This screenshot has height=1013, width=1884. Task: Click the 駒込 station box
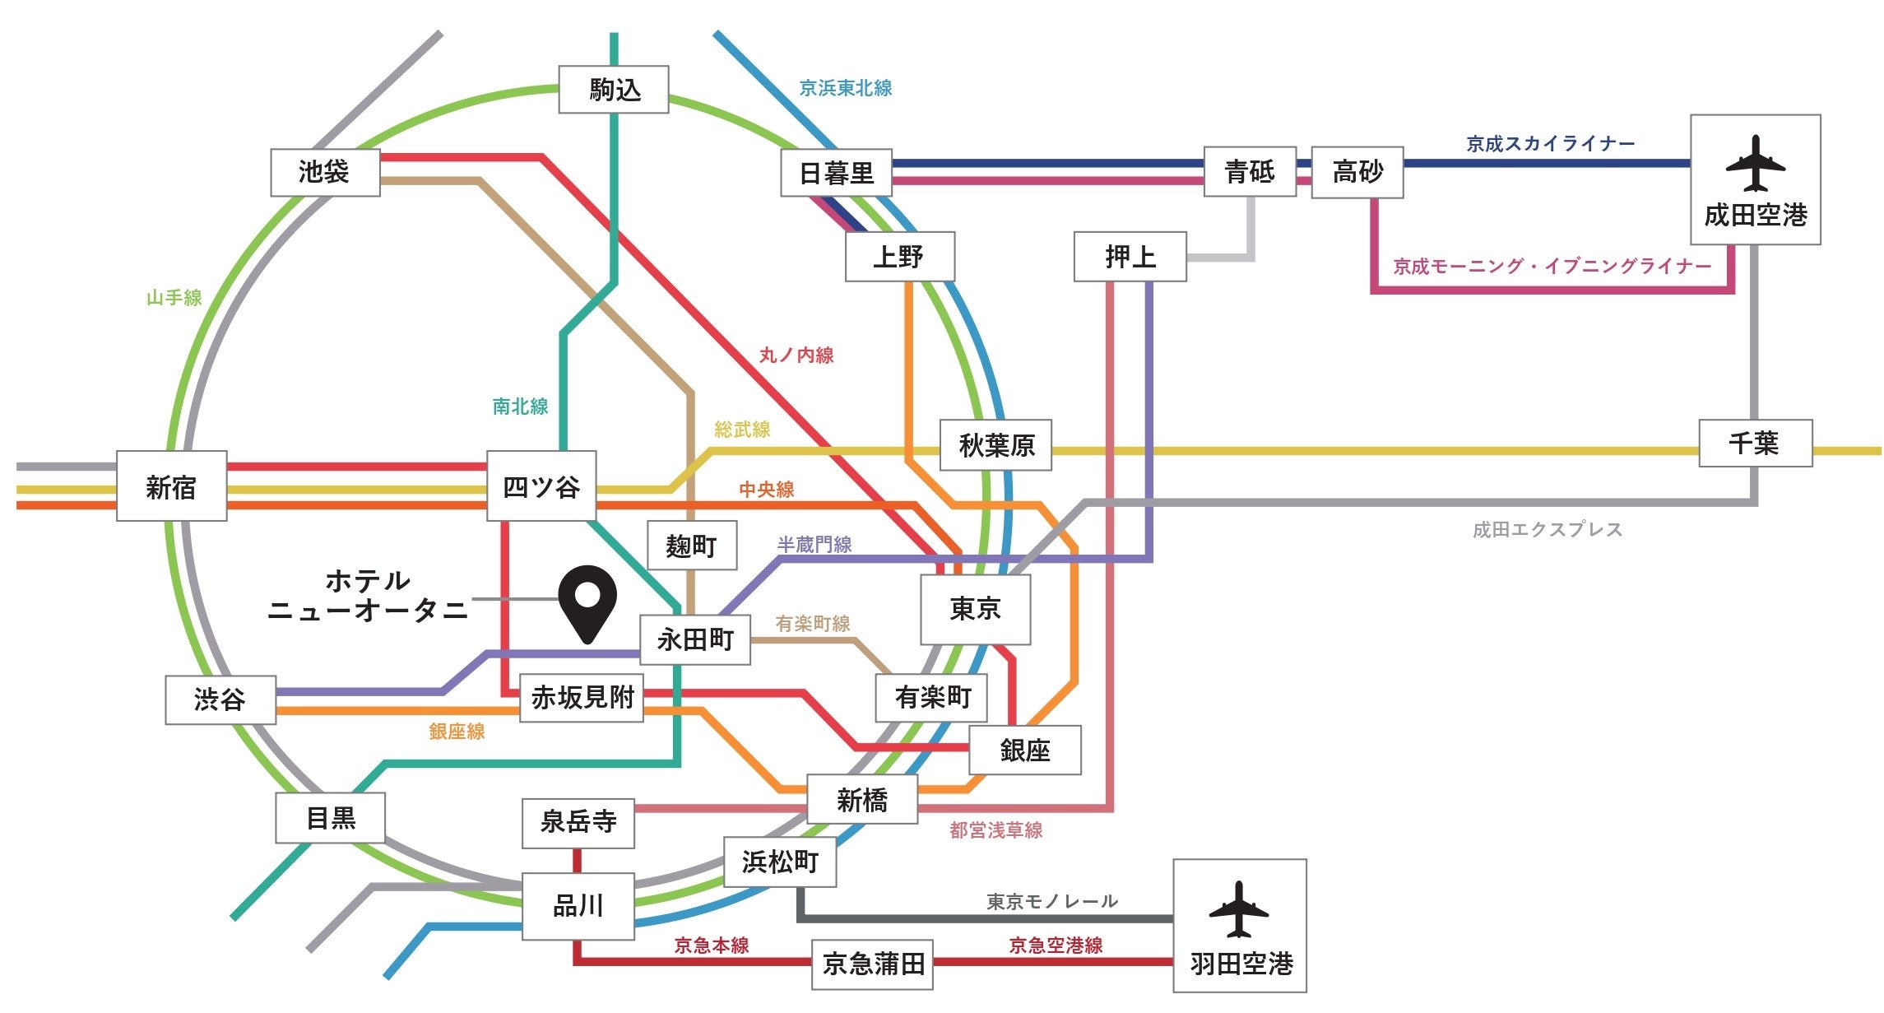coord(614,90)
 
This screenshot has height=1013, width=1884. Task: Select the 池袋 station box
coord(325,173)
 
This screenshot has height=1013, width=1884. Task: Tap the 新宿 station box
coord(171,486)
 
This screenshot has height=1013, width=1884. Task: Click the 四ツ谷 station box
coord(541,486)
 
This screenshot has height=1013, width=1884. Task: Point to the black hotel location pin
coord(587,601)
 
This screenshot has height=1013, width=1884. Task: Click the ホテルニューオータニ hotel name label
coord(368,596)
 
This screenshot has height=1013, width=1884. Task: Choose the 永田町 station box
coord(695,639)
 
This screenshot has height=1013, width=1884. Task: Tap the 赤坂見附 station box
coord(582,698)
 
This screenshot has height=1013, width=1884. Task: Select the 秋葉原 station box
coord(995,445)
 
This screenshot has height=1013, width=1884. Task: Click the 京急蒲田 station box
coord(872,964)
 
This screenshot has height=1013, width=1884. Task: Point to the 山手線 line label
coord(174,298)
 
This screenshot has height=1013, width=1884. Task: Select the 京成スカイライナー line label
coord(1550,144)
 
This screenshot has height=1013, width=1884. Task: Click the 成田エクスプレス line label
coord(1547,530)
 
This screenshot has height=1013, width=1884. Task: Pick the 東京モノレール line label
coord(1052,902)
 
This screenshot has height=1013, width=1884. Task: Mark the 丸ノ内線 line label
coord(796,355)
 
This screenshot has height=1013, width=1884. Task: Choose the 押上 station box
coord(1130,257)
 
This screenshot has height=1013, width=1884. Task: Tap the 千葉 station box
coord(1755,444)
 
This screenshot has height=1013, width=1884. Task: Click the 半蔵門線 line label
coord(814,544)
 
